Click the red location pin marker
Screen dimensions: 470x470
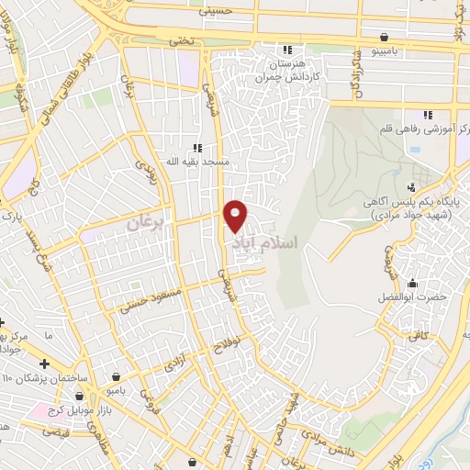pyautogui.click(x=236, y=216)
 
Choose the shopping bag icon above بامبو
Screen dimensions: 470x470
pyautogui.click(x=117, y=375)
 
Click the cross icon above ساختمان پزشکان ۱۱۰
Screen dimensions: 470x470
pyautogui.click(x=44, y=364)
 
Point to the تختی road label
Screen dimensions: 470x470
pyautogui.click(x=181, y=41)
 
